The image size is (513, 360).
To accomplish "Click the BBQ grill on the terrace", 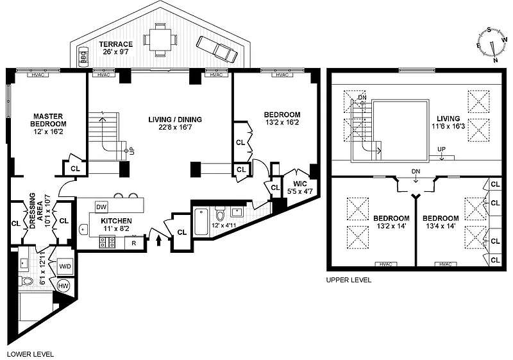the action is coord(84,57).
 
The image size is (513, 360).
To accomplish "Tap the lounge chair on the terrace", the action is coord(217,49).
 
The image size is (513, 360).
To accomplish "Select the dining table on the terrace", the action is coord(160,39).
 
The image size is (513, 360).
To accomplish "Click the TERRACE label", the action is coord(116,44).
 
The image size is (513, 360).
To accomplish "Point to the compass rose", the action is coord(492,45).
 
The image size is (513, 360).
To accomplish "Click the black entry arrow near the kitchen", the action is coord(158,241).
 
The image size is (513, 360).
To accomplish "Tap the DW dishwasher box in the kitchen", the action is coord(101,207).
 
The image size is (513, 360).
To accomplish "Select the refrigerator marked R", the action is coord(134,243).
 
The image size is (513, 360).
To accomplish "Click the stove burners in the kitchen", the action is coord(107,242).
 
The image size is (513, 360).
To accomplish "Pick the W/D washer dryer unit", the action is coord(65,266).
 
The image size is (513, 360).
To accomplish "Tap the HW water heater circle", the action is coord(63,286).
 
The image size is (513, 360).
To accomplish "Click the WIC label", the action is coord(299,184).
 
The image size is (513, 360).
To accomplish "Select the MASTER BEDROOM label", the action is coord(49,120).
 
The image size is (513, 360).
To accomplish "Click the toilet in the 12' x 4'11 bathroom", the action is coord(219,214).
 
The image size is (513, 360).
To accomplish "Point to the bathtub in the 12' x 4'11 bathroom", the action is coord(201,221).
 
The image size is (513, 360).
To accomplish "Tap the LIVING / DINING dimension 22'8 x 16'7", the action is coord(175,127).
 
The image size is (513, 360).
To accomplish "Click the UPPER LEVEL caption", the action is coord(349,280).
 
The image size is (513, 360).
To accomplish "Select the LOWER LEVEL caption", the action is coord(30,354).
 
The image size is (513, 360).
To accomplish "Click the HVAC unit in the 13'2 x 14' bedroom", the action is coord(386,264).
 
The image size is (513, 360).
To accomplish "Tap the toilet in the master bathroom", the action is coord(26,281).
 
